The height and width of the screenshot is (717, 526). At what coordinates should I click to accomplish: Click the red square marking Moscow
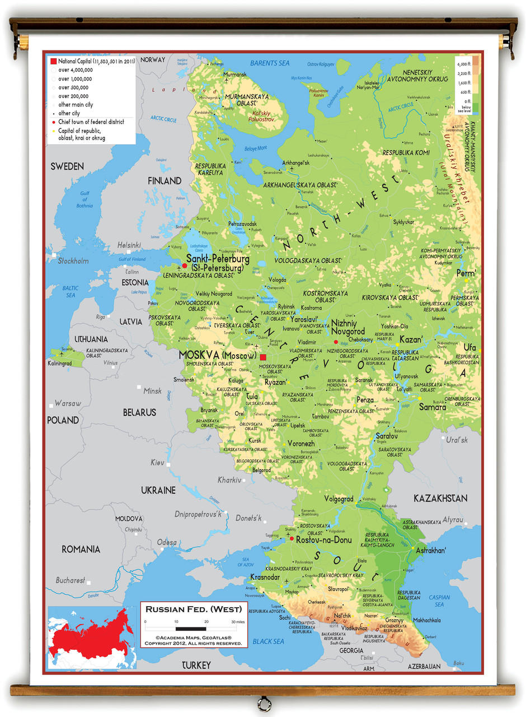(x=263, y=357)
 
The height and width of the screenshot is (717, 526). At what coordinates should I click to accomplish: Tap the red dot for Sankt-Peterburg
(x=185, y=266)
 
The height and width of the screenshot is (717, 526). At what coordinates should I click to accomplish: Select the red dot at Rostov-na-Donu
(x=292, y=538)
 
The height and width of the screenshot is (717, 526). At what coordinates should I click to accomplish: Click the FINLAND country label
(x=165, y=180)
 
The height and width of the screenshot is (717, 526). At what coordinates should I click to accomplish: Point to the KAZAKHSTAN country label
(x=440, y=498)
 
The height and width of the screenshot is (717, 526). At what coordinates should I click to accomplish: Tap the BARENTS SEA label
(x=270, y=63)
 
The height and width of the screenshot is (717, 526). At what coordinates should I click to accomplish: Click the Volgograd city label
(x=339, y=499)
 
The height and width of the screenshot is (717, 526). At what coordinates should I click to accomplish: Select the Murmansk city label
(x=234, y=75)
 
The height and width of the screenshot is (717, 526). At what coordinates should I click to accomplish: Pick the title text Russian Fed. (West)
(x=194, y=609)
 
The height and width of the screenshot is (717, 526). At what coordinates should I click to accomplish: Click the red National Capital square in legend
(x=53, y=60)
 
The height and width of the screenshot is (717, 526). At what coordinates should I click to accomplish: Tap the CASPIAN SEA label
(x=439, y=600)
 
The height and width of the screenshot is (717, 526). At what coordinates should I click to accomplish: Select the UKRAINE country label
(x=158, y=490)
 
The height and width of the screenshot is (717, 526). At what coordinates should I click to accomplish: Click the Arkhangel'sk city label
(x=295, y=163)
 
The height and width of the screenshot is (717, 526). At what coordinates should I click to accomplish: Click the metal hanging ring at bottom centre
(x=263, y=702)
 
